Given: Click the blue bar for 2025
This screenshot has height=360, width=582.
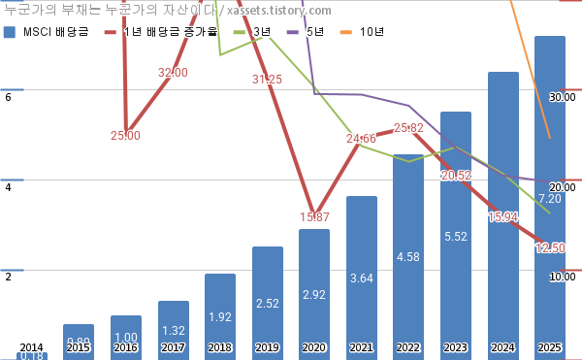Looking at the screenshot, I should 550,194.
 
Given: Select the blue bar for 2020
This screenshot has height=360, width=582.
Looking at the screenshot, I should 314,291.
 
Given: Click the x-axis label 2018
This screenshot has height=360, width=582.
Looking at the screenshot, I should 220,347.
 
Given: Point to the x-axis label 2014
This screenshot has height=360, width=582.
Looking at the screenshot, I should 32,347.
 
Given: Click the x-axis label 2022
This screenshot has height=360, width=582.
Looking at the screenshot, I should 408,347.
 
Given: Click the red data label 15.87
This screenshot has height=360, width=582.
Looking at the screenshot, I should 314,216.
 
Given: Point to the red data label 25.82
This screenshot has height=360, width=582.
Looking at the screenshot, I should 408,128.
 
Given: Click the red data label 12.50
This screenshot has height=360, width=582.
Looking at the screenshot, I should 550,248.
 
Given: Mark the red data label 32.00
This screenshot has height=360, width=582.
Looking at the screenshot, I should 173,73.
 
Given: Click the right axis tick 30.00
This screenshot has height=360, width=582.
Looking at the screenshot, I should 562,97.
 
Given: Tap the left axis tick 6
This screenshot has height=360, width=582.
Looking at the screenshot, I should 8,97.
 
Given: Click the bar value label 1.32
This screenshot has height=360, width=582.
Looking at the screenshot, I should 173,332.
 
